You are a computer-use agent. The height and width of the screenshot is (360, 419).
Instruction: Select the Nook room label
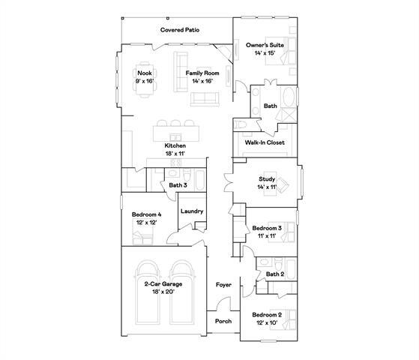coord(144,73)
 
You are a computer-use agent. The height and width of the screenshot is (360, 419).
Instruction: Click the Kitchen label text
coord(175,145)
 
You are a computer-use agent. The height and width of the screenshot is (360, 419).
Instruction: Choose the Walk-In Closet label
coord(265,142)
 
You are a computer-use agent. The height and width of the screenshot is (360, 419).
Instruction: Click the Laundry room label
coord(192,211)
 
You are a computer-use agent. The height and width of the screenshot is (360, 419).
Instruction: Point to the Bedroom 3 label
coord(267,228)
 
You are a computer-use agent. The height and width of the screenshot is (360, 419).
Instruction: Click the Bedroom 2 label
coord(267,313)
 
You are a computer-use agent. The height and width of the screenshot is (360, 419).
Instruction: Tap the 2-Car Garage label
coord(165,285)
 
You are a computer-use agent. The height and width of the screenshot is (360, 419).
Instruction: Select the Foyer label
coord(223,285)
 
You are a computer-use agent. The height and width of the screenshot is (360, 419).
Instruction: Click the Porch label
coord(223,321)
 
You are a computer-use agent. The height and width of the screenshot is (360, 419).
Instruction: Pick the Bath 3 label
coord(178,184)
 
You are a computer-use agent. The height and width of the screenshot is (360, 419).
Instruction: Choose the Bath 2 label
coord(275,274)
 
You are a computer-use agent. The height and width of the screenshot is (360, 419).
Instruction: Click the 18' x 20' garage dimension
coord(165,292)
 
